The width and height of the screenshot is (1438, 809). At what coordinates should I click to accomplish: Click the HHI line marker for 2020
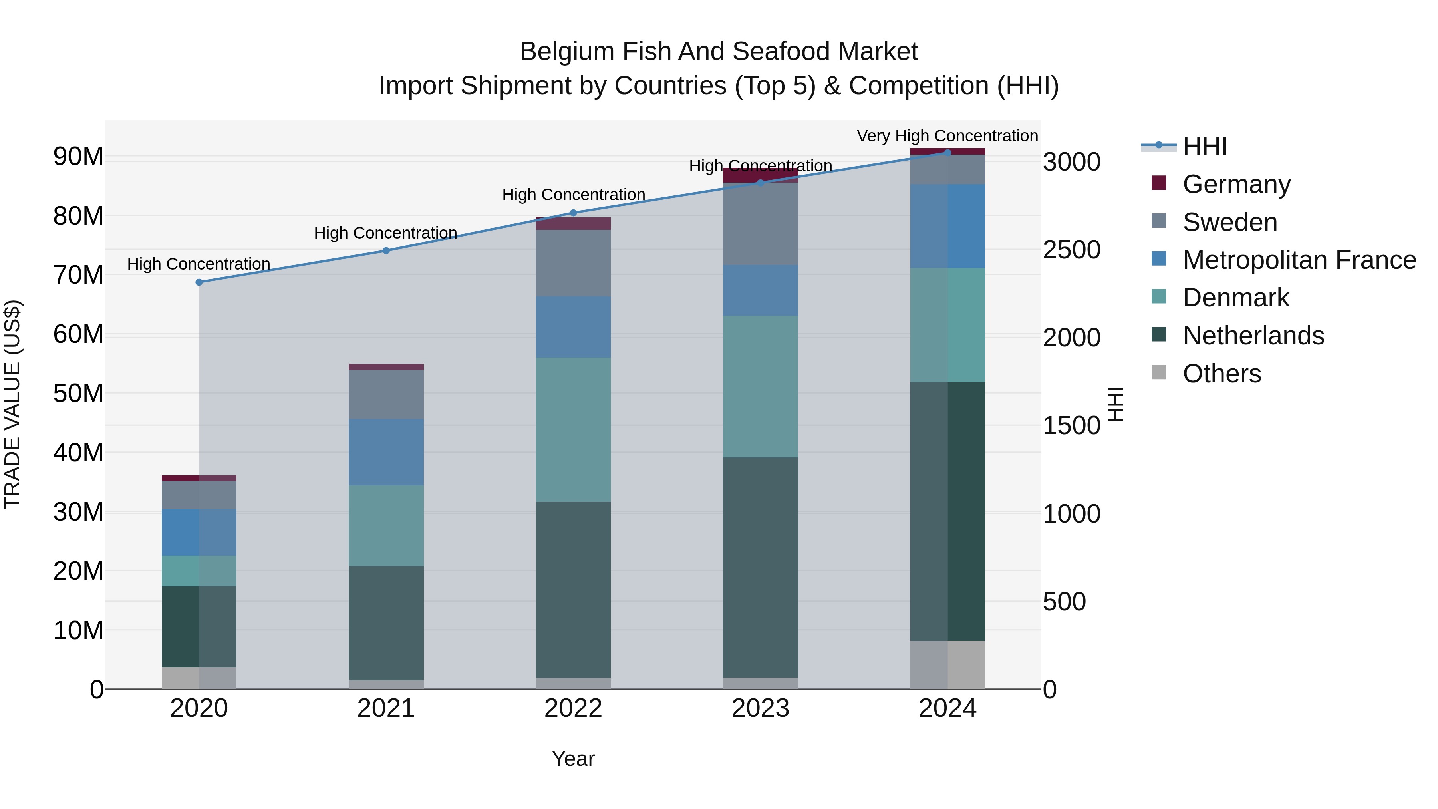point(199,282)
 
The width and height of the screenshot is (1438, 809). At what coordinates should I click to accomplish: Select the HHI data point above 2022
point(573,213)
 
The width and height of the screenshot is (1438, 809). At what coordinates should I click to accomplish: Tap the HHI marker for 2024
point(947,153)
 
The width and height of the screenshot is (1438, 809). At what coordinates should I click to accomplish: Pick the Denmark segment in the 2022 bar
point(573,429)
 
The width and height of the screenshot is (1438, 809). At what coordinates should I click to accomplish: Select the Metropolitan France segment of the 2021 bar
point(386,452)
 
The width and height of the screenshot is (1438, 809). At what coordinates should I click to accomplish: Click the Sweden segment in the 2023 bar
point(760,224)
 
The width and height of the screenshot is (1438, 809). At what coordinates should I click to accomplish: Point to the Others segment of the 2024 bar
point(947,664)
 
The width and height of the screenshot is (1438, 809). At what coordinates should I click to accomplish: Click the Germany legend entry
point(1236,184)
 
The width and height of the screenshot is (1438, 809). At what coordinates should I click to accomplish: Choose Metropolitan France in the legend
point(1299,260)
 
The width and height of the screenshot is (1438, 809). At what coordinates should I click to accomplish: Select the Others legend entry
point(1222,374)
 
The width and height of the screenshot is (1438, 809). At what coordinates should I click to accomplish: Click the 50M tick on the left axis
point(78,394)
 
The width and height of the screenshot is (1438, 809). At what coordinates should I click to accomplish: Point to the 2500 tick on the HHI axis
point(1071,250)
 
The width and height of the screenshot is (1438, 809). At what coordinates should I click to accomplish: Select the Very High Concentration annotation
point(947,136)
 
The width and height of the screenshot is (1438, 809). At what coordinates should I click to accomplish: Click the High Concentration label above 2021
point(386,233)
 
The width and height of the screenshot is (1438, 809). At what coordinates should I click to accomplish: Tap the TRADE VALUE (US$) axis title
point(12,404)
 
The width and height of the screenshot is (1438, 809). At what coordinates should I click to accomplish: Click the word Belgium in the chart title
point(566,52)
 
